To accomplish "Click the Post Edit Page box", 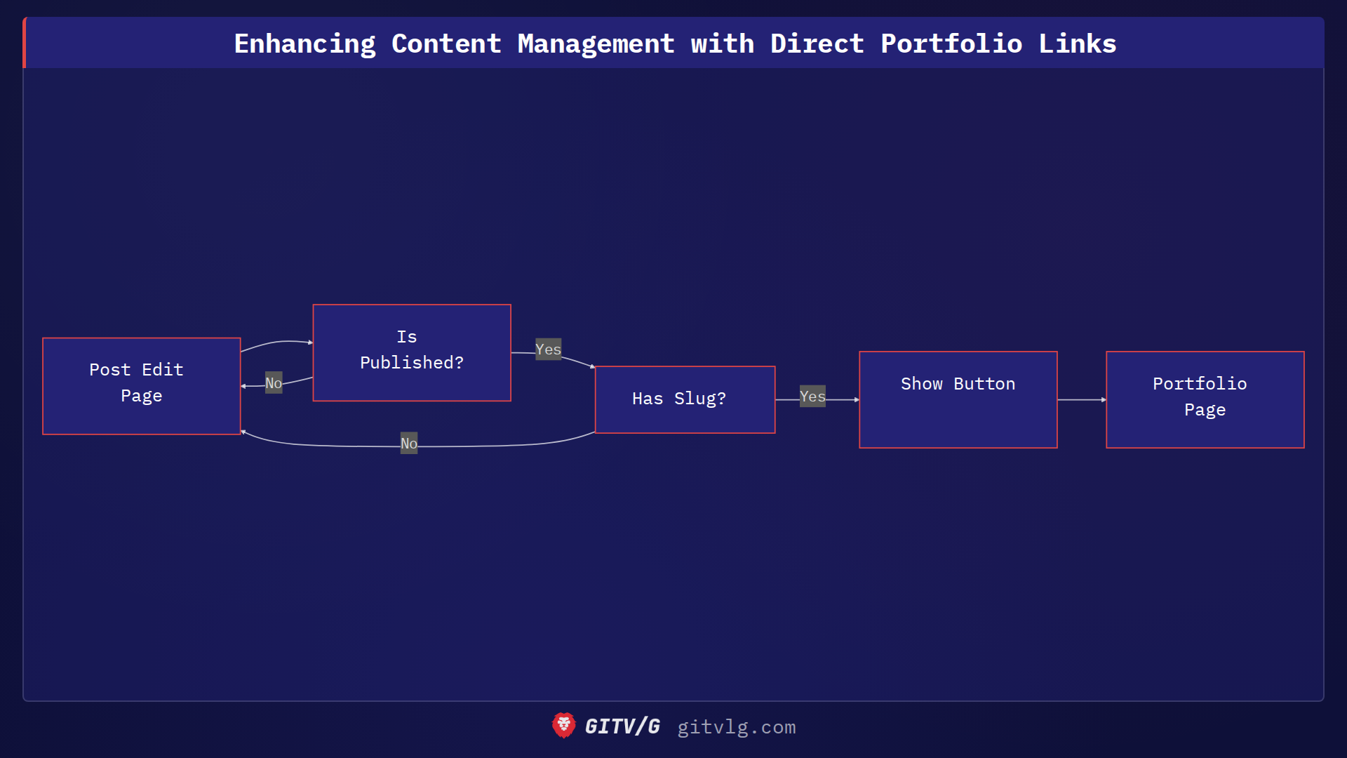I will (x=141, y=386).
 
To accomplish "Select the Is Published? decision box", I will (x=411, y=352).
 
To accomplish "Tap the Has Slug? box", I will (x=684, y=399).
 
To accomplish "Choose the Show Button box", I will (x=958, y=399).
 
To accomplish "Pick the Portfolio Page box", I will (x=1205, y=399).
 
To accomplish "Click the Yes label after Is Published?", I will (x=548, y=350).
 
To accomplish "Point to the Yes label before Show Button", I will (x=812, y=397).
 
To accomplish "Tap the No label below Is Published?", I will (x=274, y=383).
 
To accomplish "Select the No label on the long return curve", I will (x=409, y=444).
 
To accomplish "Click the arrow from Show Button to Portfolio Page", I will (x=1081, y=399).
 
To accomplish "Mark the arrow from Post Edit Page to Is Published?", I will (x=277, y=343).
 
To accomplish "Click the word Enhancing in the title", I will (x=304, y=44).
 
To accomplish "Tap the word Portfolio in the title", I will (x=951, y=44).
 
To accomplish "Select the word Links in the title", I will (x=1077, y=44).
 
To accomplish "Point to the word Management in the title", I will (x=596, y=44).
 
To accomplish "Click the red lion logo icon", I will (x=563, y=726).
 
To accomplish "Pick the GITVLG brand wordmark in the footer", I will (x=622, y=726).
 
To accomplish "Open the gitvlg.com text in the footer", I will (x=736, y=727).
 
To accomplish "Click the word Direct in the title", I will (x=817, y=44).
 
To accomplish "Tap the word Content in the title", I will (x=446, y=44).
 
